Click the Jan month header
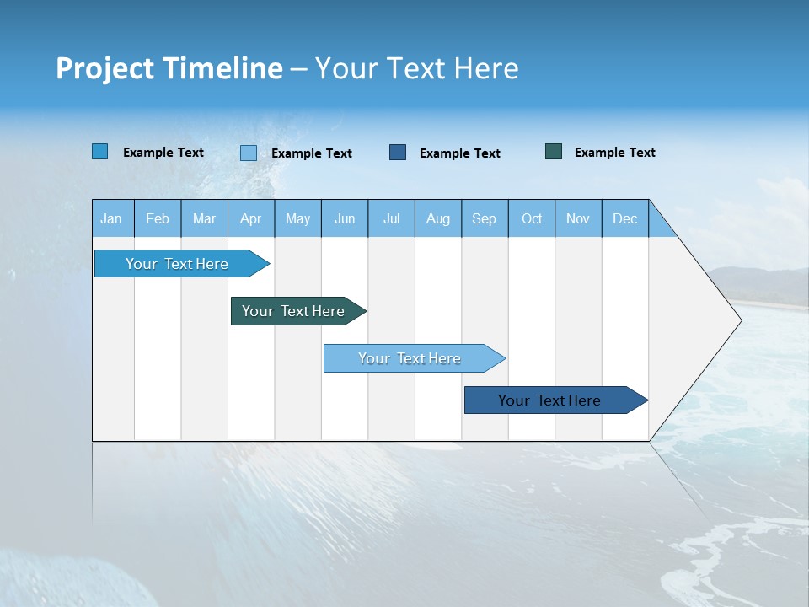pyautogui.click(x=111, y=218)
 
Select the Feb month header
pyautogui.click(x=158, y=218)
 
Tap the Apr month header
pyautogui.click(x=251, y=218)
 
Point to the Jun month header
pyautogui.click(x=345, y=218)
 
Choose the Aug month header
pyautogui.click(x=438, y=218)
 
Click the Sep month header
pyautogui.click(x=485, y=218)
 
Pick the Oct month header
pyautogui.click(x=532, y=218)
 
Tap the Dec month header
pyautogui.click(x=625, y=218)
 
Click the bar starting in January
pyautogui.click(x=178, y=264)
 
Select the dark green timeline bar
pyautogui.click(x=294, y=311)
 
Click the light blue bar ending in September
pyautogui.click(x=410, y=358)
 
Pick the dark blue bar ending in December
pyautogui.click(x=550, y=400)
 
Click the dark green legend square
pyautogui.click(x=554, y=152)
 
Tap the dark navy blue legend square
pyautogui.click(x=398, y=153)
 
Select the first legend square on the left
pyautogui.click(x=100, y=152)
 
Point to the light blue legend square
pyautogui.click(x=249, y=153)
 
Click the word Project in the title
pyautogui.click(x=104, y=68)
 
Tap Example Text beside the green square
pyautogui.click(x=614, y=153)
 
